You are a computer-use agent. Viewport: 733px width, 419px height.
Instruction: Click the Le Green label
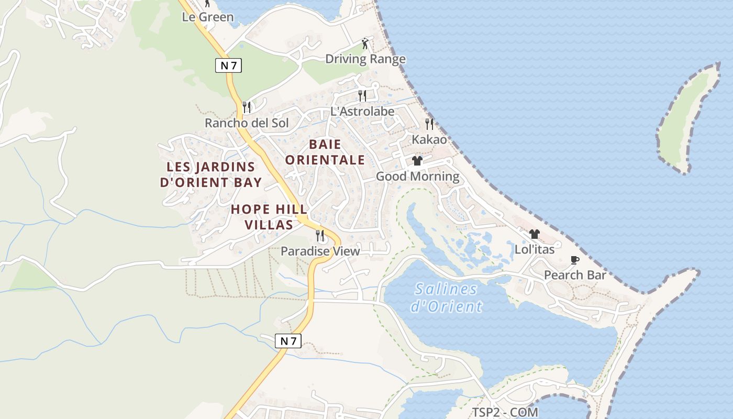[x=207, y=17]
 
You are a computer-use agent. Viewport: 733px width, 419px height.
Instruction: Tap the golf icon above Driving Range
[x=365, y=43]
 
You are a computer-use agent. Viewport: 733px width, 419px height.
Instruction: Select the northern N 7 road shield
[x=228, y=65]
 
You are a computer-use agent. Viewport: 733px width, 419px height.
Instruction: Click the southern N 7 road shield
[x=288, y=341]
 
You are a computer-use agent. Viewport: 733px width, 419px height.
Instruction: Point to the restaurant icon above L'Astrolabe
[x=362, y=95]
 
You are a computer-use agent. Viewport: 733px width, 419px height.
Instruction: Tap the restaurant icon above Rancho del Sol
[x=247, y=107]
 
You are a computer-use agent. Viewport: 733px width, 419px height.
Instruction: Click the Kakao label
[x=429, y=140]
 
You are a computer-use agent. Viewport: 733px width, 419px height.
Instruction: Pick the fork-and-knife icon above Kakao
[x=429, y=124]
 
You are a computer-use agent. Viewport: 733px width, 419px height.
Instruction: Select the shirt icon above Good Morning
[x=417, y=161]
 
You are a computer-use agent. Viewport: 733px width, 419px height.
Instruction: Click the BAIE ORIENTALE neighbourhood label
[x=325, y=152]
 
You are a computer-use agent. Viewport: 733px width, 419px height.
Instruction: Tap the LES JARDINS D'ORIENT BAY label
[x=210, y=174]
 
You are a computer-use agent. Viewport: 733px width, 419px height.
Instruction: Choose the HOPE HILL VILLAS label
[x=269, y=217]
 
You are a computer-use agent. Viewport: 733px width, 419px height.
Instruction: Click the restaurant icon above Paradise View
[x=320, y=236]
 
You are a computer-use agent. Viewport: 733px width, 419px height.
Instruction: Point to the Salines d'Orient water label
[x=446, y=297]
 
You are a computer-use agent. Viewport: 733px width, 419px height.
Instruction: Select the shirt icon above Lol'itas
[x=534, y=234]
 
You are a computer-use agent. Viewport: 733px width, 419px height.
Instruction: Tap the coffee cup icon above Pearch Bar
[x=575, y=260]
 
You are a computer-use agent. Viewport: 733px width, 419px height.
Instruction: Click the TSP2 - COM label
[x=505, y=412]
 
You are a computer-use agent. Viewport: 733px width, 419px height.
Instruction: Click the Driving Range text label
[x=365, y=59]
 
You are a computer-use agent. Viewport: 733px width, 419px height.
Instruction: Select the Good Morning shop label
[x=417, y=177]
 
